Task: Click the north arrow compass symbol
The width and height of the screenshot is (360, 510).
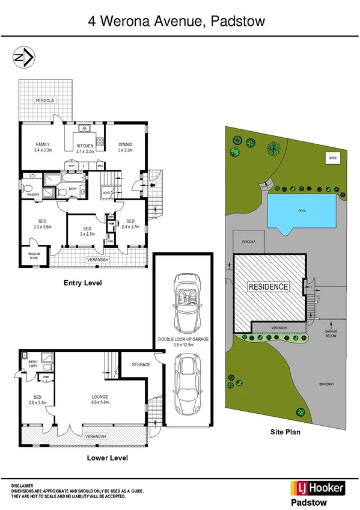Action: pyautogui.click(x=23, y=58)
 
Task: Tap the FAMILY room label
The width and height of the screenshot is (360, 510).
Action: pyautogui.click(x=42, y=144)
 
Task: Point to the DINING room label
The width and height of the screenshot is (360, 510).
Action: pyautogui.click(x=124, y=144)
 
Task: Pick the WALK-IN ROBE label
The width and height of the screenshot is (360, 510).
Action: pyautogui.click(x=34, y=256)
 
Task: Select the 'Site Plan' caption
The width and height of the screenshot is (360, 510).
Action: pyautogui.click(x=285, y=431)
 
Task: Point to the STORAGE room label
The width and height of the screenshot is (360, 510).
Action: pyautogui.click(x=142, y=364)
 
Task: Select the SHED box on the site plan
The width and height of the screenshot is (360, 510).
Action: pyautogui.click(x=332, y=158)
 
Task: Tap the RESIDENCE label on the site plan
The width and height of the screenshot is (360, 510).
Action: pyautogui.click(x=269, y=287)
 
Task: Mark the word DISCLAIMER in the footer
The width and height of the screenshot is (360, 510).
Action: pyautogui.click(x=22, y=485)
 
